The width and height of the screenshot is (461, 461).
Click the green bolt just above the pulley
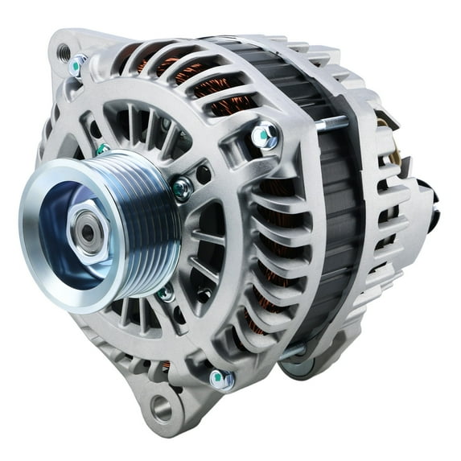coord(103,148)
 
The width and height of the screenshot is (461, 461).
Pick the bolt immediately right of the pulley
coord(182,188)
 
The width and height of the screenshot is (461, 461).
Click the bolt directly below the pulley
coord(167,293)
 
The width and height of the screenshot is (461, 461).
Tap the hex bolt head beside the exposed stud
coord(266,137)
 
